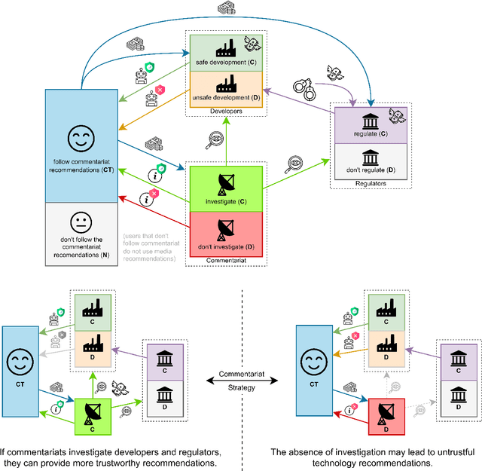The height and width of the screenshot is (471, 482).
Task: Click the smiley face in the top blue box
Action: (x=81, y=138)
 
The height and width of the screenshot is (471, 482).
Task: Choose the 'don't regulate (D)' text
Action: (x=371, y=171)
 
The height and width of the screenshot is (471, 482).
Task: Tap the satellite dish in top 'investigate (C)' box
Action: (x=226, y=183)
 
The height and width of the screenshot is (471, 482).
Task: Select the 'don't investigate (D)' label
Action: (x=226, y=246)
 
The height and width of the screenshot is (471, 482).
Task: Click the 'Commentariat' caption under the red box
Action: (x=226, y=261)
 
